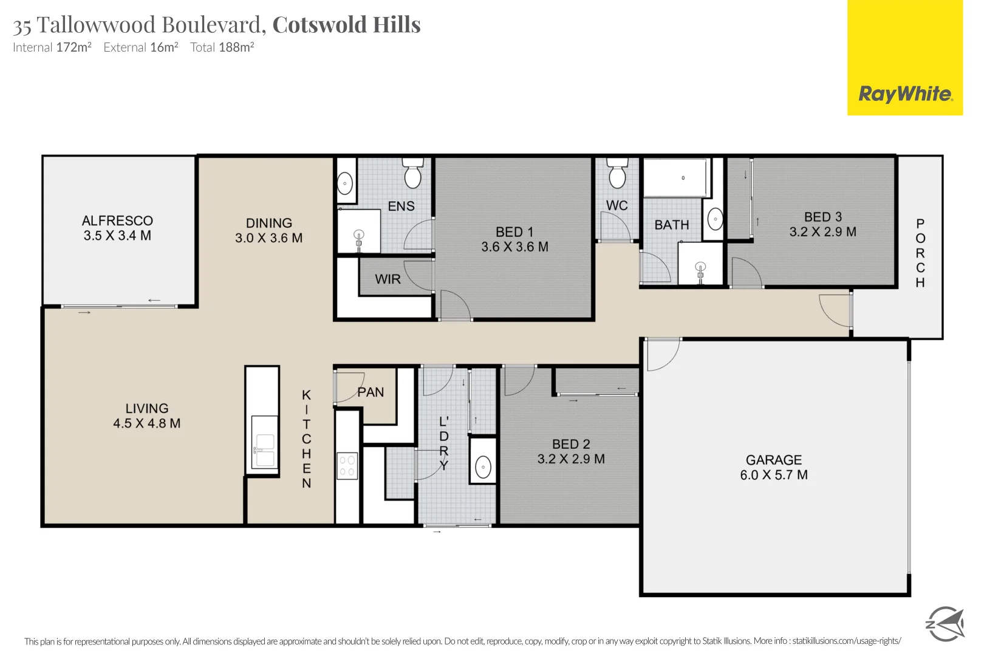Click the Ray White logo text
tap(905, 94)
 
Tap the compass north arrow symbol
tap(945, 623)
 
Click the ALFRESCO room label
tap(117, 220)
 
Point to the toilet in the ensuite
tap(413, 174)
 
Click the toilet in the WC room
tap(617, 174)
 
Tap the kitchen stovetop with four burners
tap(347, 466)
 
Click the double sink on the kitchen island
tap(265, 450)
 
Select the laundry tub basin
tap(483, 467)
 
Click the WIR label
tap(388, 279)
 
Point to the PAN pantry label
tap(371, 392)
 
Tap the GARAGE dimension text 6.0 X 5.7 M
tap(773, 475)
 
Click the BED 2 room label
tap(571, 444)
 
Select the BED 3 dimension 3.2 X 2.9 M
tap(822, 231)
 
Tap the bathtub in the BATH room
tap(676, 178)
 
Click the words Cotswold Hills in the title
tap(346, 25)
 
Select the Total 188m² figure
tap(222, 47)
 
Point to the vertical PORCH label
tap(920, 253)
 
